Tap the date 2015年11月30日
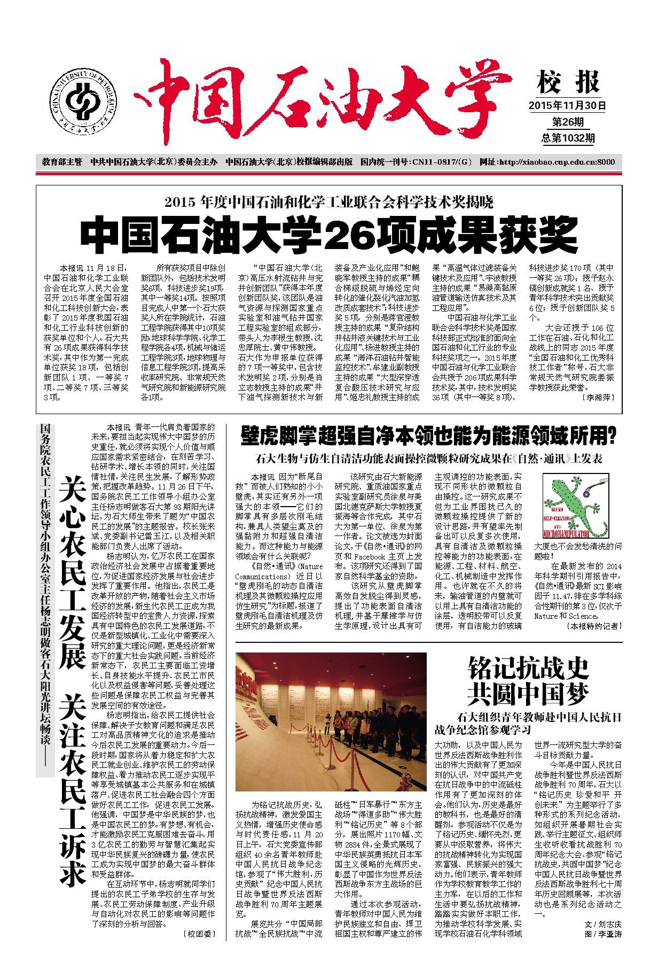pos(567,105)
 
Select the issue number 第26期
pos(567,122)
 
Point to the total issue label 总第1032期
pos(568,138)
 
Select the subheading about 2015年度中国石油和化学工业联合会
pos(329,202)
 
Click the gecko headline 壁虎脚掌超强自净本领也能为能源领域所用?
pos(428,436)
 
